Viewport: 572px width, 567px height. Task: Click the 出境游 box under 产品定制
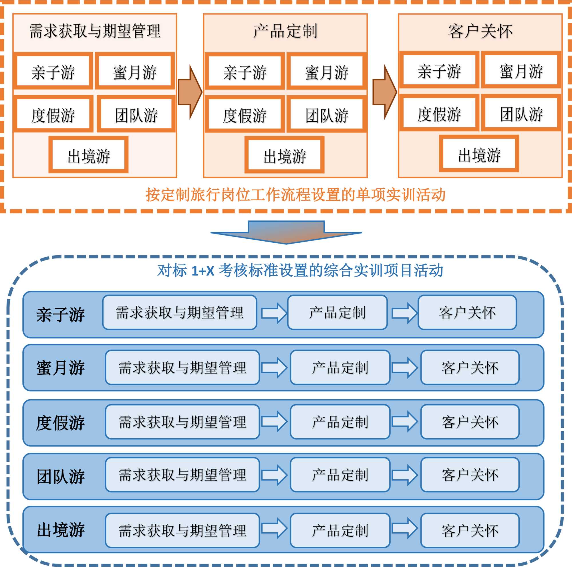284,155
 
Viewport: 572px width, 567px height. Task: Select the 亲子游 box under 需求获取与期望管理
53,71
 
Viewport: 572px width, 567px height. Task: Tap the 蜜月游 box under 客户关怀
521,70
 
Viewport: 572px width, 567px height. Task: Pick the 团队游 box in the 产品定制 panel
327,114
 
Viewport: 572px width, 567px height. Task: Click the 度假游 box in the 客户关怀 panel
439,113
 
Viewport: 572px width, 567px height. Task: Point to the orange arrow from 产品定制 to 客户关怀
384,92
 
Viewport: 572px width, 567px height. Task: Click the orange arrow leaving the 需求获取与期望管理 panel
190,92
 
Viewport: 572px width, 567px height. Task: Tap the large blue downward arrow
286,232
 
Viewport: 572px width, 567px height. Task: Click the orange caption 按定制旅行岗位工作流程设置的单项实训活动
295,195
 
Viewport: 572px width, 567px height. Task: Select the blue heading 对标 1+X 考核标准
300,270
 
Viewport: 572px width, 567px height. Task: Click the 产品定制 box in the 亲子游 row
337,313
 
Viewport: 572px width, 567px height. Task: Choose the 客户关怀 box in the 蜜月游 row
470,367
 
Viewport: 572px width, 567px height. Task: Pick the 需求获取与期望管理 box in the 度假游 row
182,422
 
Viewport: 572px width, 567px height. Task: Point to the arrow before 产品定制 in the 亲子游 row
274,313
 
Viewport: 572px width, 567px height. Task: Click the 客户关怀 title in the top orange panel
480,31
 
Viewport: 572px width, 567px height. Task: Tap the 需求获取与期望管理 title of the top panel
95,31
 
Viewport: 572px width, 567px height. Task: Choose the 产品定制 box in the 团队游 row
340,475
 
